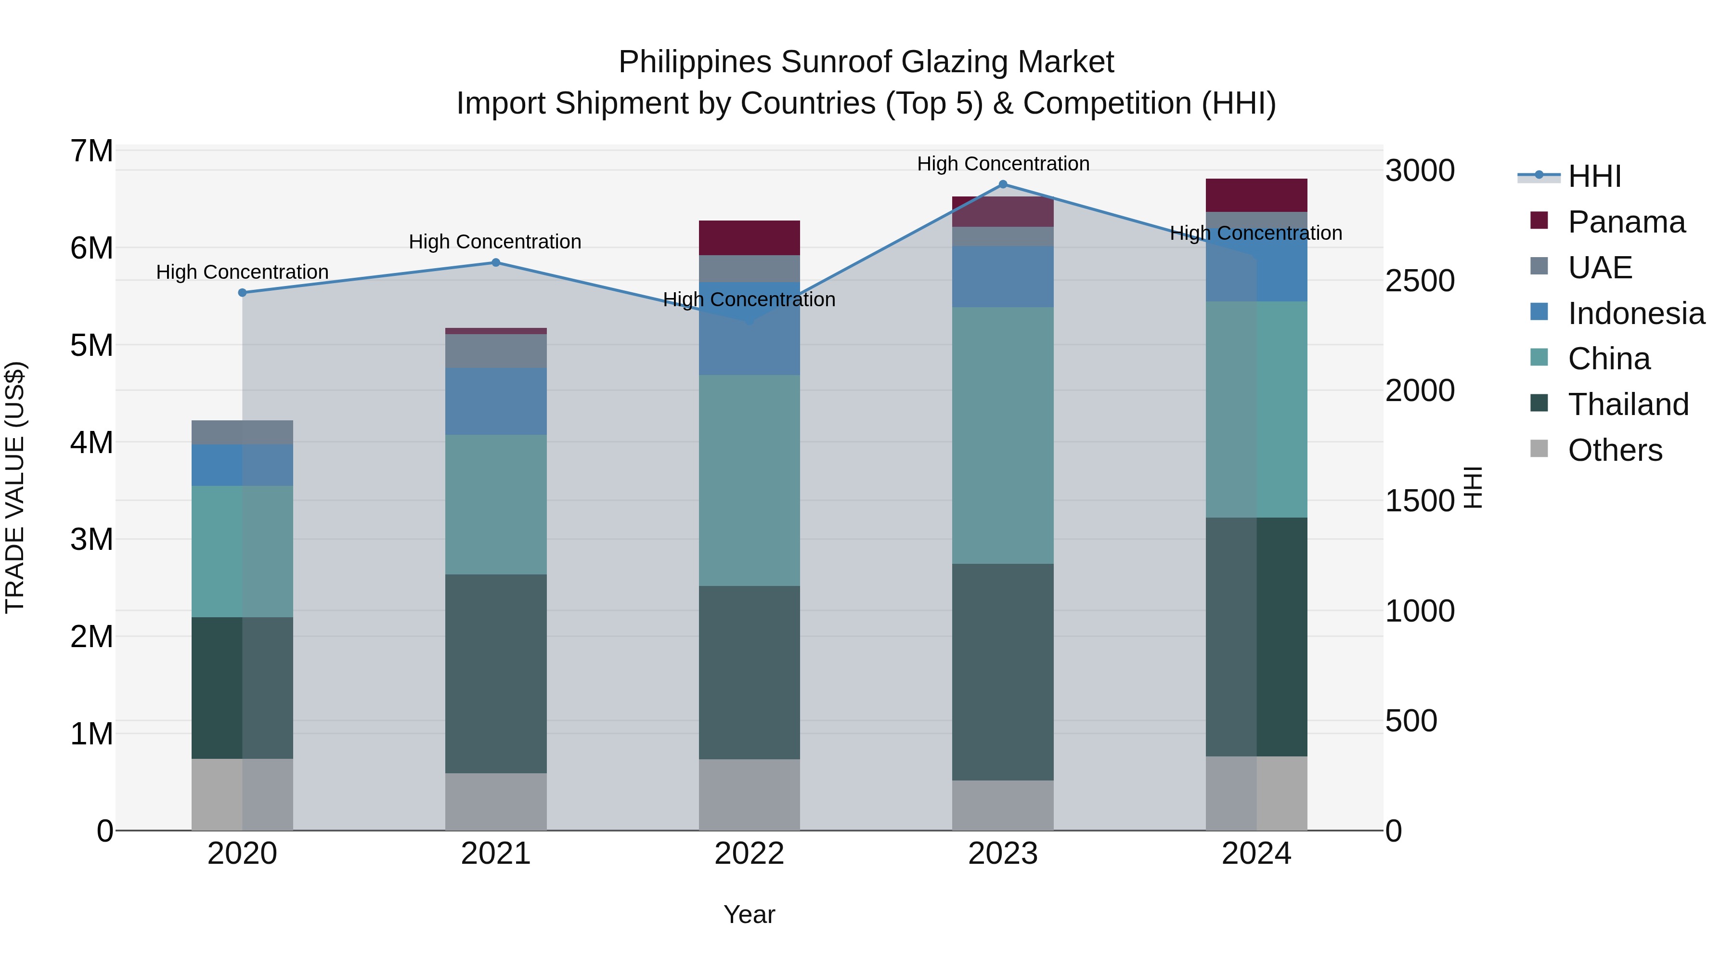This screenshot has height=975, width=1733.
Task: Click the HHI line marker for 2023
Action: [1002, 184]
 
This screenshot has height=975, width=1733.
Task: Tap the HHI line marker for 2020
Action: [242, 293]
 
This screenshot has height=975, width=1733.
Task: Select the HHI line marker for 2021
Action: [496, 262]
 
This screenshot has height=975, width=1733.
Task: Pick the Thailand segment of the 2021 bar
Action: [496, 673]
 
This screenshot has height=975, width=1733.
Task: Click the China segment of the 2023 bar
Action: [1002, 435]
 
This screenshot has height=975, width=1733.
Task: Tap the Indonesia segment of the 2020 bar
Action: [242, 465]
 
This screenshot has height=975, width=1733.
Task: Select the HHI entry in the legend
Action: [1594, 176]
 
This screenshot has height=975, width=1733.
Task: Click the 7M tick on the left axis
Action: [91, 151]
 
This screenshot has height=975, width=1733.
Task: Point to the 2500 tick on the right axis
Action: [1420, 281]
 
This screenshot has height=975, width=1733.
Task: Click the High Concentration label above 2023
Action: [1002, 164]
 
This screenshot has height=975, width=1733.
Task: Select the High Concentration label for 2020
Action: [242, 272]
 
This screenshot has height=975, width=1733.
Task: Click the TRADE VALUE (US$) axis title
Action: [15, 487]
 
